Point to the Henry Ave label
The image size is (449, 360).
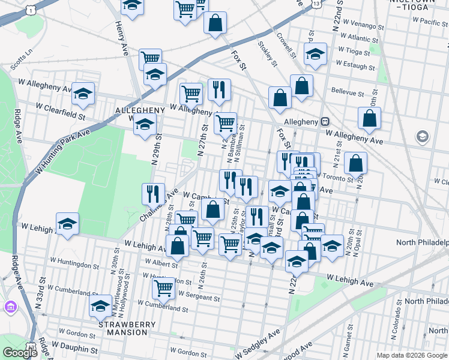pyautogui.click(x=122, y=35)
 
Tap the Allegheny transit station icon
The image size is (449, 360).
pyautogui.click(x=325, y=121)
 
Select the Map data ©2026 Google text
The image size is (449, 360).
pyautogui.click(x=411, y=355)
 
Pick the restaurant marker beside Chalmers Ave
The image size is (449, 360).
pyautogui.click(x=154, y=193)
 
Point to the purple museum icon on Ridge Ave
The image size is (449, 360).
pyautogui.click(x=10, y=308)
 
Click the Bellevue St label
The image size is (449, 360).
pyautogui.click(x=348, y=94)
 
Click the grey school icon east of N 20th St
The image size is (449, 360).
pyautogui.click(x=423, y=137)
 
